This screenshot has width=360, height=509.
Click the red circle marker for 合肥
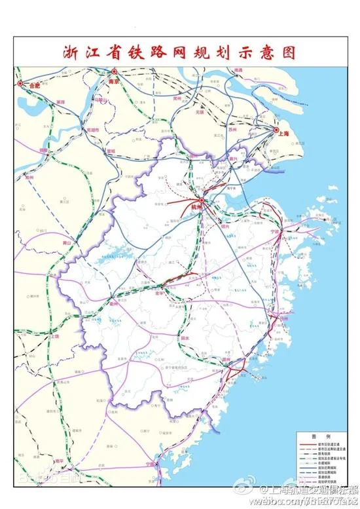20,84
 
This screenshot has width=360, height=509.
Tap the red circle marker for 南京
114,71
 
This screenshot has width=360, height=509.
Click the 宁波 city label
275,231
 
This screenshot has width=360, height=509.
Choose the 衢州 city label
113,304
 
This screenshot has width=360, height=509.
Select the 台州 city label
283,318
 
